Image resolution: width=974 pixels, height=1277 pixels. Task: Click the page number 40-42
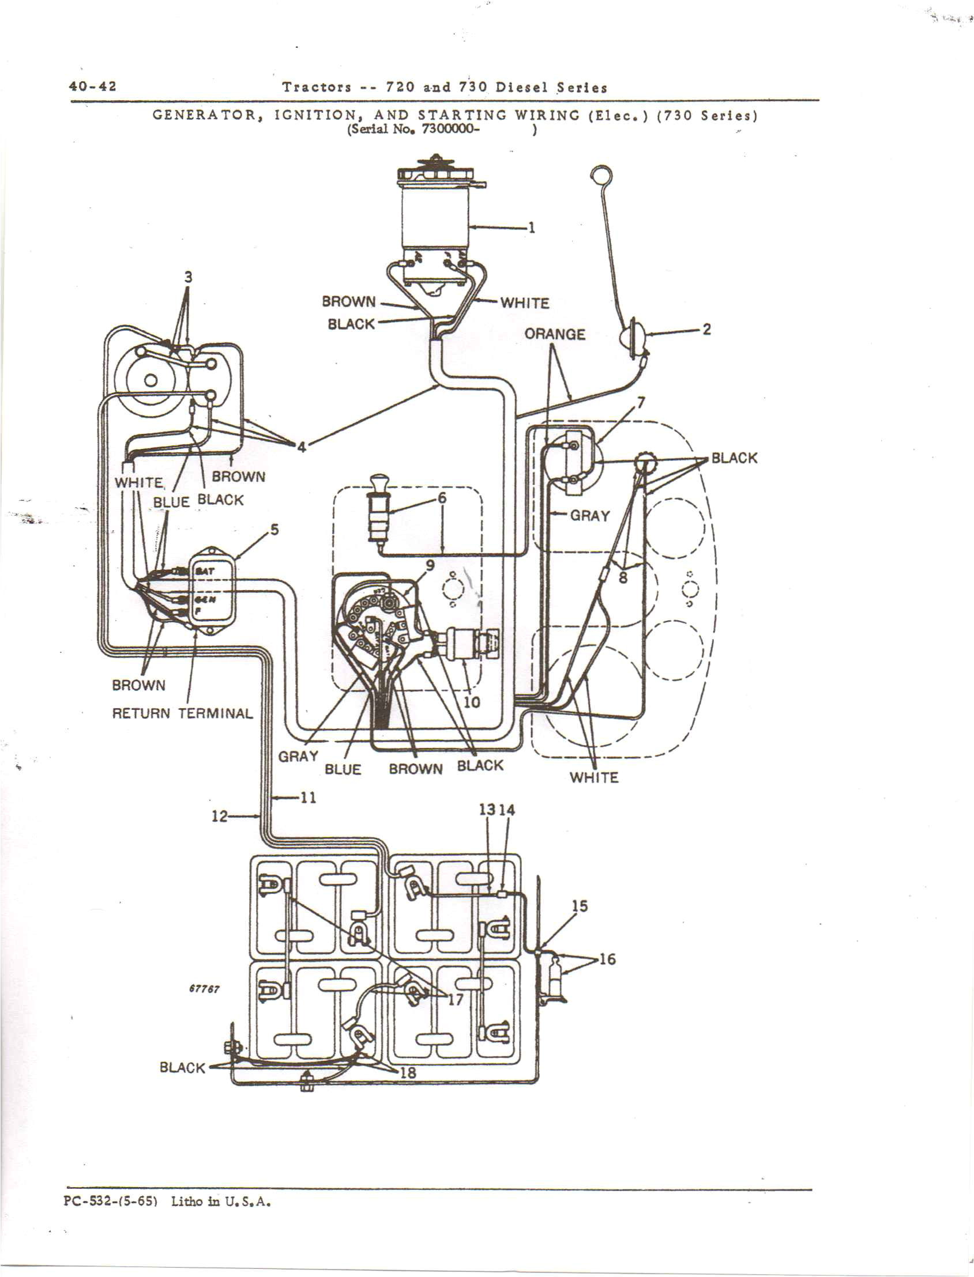[x=93, y=86]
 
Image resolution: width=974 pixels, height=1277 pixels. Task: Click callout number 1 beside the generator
[x=531, y=227]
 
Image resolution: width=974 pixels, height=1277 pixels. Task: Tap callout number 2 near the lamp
[x=706, y=329]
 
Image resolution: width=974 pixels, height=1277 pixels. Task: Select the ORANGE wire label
[x=555, y=334]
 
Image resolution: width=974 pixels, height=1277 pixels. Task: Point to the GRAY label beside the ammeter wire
[x=590, y=515]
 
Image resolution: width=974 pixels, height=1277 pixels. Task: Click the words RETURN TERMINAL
[x=183, y=713]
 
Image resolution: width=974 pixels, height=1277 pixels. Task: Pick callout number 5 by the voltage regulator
[x=274, y=530]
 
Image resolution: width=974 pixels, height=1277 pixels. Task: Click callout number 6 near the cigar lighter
[x=442, y=498]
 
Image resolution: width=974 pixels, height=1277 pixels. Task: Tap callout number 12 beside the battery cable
[x=219, y=817]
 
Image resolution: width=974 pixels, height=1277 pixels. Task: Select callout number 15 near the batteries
[x=579, y=906]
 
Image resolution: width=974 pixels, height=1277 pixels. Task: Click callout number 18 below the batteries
[x=408, y=1072]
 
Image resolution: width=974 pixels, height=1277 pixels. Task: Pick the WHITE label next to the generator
[x=524, y=303]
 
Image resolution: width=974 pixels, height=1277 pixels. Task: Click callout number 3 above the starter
[x=188, y=277]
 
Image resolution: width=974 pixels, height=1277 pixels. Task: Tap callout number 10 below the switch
[x=472, y=702]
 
